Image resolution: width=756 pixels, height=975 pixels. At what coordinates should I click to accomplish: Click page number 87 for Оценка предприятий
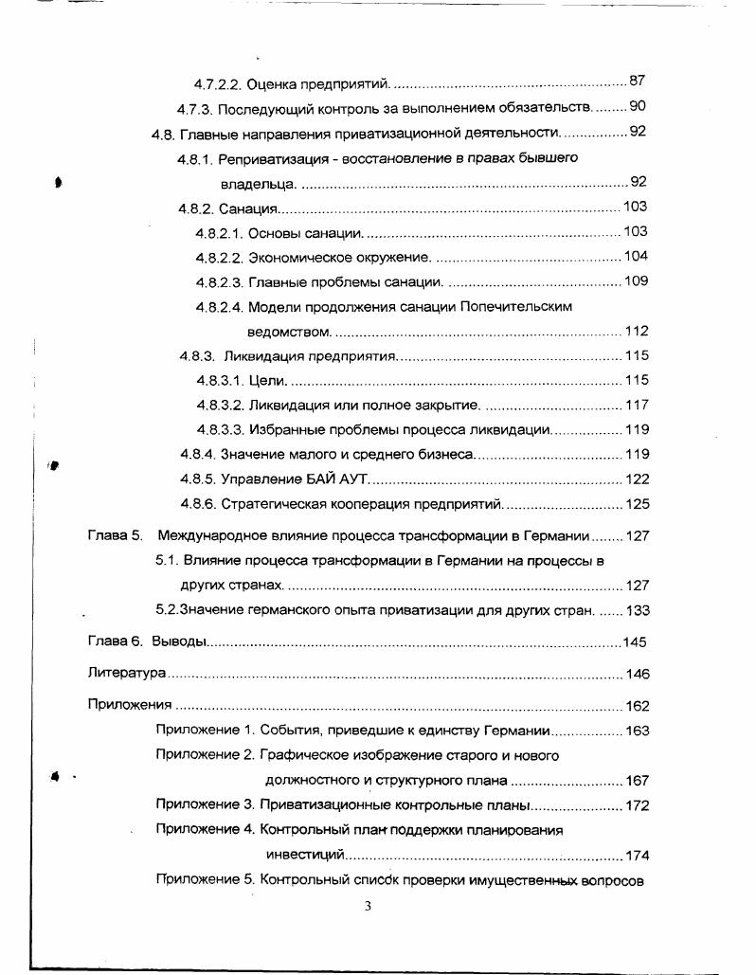[637, 81]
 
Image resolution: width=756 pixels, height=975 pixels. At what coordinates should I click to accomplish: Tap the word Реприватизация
[267, 158]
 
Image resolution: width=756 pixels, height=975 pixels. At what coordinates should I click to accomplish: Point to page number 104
[636, 257]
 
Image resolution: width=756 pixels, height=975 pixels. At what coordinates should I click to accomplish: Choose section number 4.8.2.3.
[220, 281]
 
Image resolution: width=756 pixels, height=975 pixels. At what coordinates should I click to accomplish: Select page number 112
[637, 332]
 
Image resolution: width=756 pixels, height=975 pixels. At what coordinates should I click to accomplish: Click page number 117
[637, 406]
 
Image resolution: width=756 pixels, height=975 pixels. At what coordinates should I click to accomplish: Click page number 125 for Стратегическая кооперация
[637, 504]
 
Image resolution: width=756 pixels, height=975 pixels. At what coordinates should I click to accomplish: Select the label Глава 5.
[115, 535]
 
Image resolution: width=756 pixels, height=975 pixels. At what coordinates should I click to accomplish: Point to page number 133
[637, 610]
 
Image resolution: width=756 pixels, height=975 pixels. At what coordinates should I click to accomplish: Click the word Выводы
[178, 642]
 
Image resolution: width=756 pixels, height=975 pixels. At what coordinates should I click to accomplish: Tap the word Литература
[127, 674]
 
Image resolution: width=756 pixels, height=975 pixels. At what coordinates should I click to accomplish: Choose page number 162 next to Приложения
[637, 706]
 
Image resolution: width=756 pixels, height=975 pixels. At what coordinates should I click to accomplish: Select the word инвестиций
[297, 856]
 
